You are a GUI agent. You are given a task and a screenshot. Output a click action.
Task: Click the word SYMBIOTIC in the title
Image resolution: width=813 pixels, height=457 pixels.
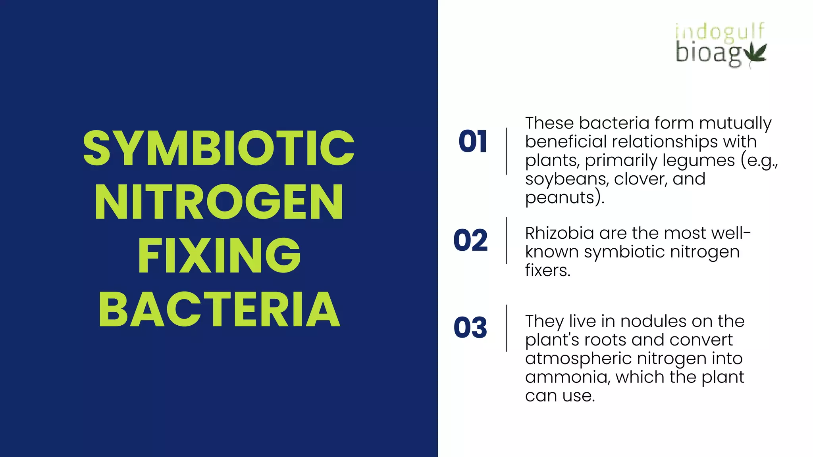tap(218, 148)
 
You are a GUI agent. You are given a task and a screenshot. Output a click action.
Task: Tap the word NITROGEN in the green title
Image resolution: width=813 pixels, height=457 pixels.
tap(218, 202)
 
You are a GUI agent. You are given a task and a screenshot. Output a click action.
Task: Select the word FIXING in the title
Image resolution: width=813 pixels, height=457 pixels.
tap(219, 255)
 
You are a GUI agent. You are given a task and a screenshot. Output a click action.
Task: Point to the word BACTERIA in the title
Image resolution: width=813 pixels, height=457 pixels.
tap(219, 309)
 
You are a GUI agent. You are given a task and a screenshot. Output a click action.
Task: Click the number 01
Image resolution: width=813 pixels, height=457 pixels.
tap(472, 142)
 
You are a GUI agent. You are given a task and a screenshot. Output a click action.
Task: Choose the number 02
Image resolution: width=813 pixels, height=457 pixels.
tap(470, 240)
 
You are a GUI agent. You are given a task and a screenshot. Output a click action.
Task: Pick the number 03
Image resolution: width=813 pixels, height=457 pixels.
tap(470, 328)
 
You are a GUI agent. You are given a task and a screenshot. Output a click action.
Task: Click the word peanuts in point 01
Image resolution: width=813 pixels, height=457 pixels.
tap(559, 198)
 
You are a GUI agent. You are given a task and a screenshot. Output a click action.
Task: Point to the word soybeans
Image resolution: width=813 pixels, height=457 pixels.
tap(566, 179)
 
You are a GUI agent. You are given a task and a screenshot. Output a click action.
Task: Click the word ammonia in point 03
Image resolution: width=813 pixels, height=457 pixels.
tap(567, 377)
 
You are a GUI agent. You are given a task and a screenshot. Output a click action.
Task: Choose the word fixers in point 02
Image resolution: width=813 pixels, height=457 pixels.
tap(547, 271)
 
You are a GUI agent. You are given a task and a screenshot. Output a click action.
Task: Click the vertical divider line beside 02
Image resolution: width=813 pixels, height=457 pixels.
tap(507, 240)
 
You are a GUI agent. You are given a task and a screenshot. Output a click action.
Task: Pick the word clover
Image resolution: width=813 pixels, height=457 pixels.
tap(640, 179)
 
